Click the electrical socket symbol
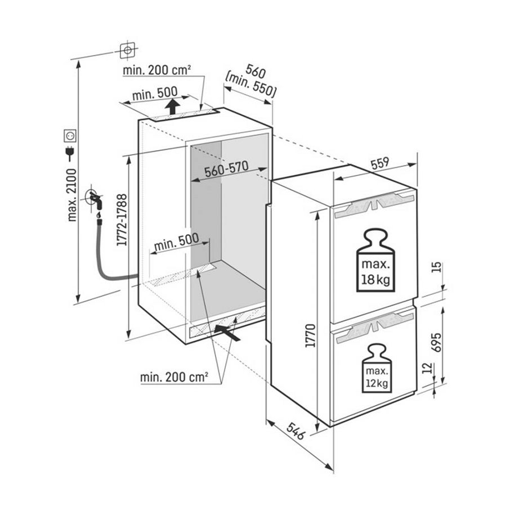[71, 135]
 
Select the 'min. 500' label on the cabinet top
[154, 92]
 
